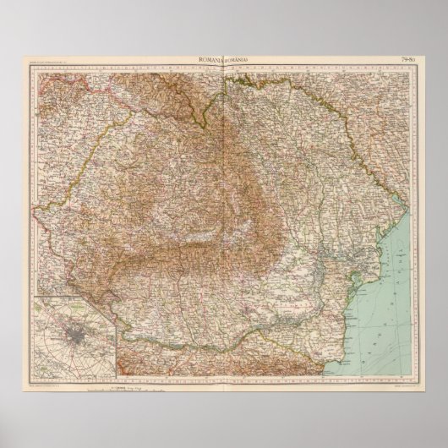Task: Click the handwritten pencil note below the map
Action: pos(152,374)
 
